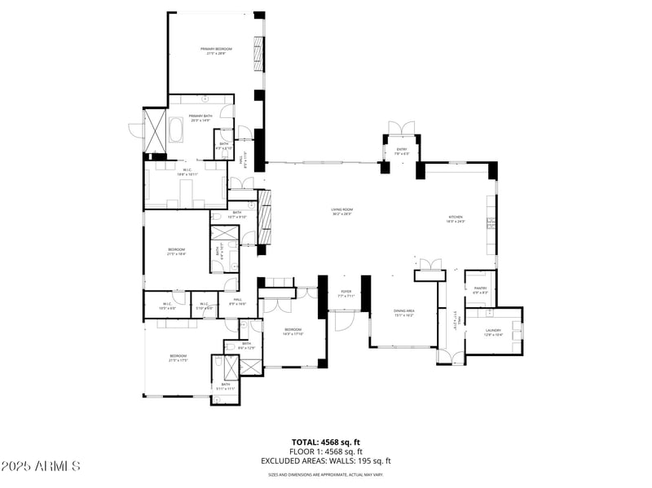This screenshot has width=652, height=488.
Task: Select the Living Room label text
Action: coord(341,212)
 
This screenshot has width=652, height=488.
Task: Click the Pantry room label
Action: coord(480,289)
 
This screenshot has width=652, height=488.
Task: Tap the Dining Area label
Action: coord(404,313)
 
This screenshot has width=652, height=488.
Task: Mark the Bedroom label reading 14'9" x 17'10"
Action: coord(293,332)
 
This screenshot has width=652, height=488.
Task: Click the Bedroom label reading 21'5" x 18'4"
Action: coord(177,252)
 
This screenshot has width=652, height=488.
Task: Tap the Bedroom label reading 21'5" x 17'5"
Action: coord(178,358)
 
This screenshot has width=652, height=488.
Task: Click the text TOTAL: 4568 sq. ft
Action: coord(326,442)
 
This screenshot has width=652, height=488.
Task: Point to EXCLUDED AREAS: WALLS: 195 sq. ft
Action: coord(326,461)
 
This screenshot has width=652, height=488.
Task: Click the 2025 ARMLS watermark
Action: coord(41,467)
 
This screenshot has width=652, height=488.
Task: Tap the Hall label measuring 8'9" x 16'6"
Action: coord(238,301)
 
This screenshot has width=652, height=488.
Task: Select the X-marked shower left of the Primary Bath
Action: coord(155,130)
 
